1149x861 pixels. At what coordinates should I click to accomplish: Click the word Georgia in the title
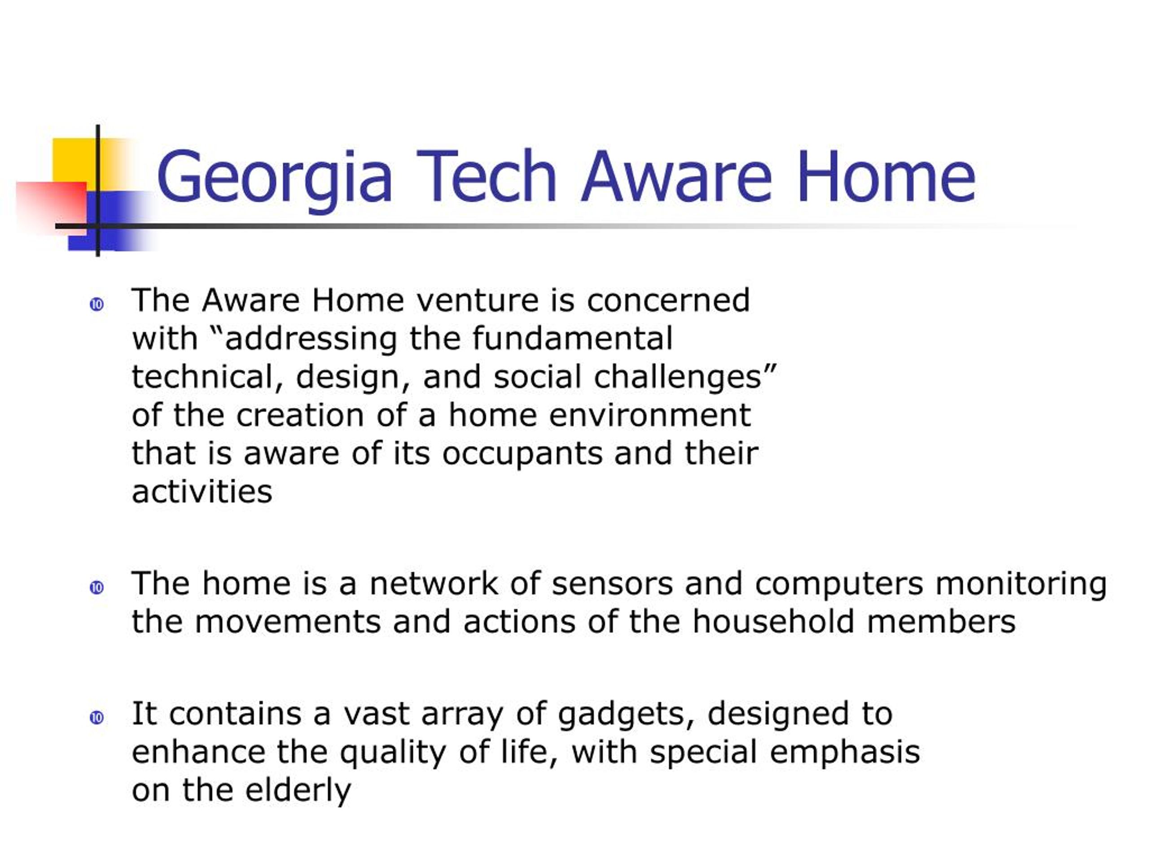click(274, 179)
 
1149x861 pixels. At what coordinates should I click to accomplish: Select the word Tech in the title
click(487, 176)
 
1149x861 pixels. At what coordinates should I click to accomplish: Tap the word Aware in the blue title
click(677, 176)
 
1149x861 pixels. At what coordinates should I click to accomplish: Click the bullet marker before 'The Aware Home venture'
click(96, 304)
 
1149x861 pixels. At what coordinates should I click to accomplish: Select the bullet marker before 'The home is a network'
click(96, 587)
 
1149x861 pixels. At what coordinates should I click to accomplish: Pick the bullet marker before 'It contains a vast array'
click(96, 718)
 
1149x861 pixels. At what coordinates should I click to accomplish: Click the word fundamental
click(572, 339)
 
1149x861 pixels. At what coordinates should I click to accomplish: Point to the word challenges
click(678, 377)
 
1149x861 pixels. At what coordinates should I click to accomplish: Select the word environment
click(650, 416)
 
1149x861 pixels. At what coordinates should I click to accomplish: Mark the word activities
click(202, 491)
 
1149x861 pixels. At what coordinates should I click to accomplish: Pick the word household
click(774, 622)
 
